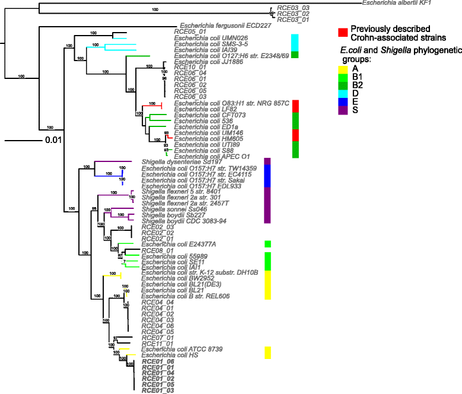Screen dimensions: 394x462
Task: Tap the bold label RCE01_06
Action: [x=158, y=361]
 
